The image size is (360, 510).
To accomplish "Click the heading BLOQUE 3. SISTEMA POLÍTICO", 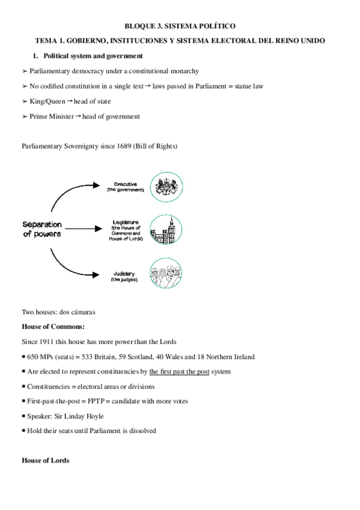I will pyautogui.click(x=180, y=26).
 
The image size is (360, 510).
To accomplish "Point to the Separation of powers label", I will pyautogui.click(x=42, y=229).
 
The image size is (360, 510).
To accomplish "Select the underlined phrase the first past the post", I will pyautogui.click(x=179, y=372).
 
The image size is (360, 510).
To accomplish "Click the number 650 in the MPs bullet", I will pyautogui.click(x=33, y=357).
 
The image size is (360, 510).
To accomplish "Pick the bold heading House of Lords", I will pyautogui.click(x=46, y=460).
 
